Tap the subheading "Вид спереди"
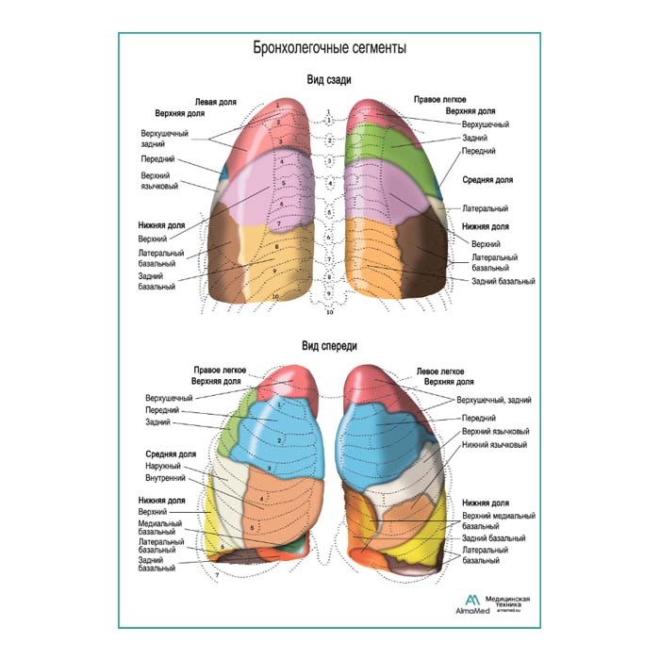tap(329, 346)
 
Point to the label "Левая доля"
tap(215, 101)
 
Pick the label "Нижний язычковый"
tap(494, 444)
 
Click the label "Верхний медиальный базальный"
tap(499, 521)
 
